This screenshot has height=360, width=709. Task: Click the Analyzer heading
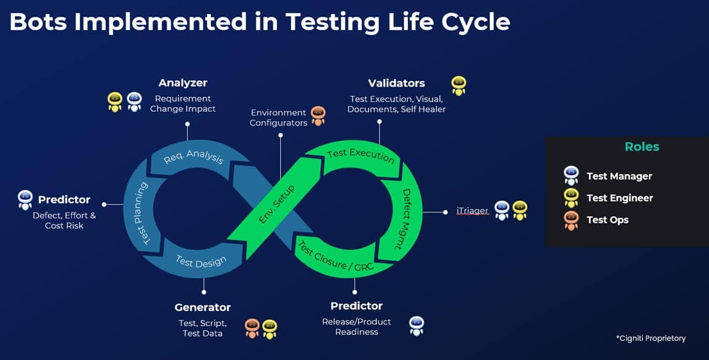tap(182, 83)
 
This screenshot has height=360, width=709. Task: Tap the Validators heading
tap(396, 83)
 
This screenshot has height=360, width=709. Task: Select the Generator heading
tap(203, 307)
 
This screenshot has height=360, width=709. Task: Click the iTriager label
tap(472, 211)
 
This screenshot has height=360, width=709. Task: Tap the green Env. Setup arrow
tap(276, 205)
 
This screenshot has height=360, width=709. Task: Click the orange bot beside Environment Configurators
tap(318, 116)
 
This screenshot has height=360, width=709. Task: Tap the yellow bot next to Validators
tap(458, 85)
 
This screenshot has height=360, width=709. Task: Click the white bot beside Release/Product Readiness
tap(417, 326)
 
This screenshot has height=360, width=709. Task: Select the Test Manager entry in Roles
tap(619, 176)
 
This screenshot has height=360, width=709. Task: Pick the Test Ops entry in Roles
tap(607, 220)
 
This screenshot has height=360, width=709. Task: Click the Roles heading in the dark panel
tap(642, 147)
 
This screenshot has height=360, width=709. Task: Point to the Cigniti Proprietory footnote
tap(650, 338)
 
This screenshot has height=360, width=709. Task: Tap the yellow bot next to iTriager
tap(519, 211)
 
